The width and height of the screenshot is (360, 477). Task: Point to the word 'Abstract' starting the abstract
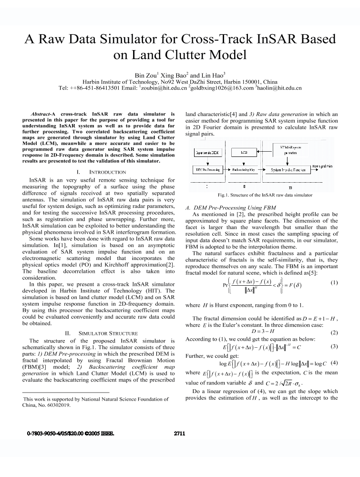[x=40, y=114]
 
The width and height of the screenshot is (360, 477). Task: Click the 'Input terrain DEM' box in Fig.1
[x=206, y=153]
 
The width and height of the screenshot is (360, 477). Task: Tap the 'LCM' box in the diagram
[x=244, y=153]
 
